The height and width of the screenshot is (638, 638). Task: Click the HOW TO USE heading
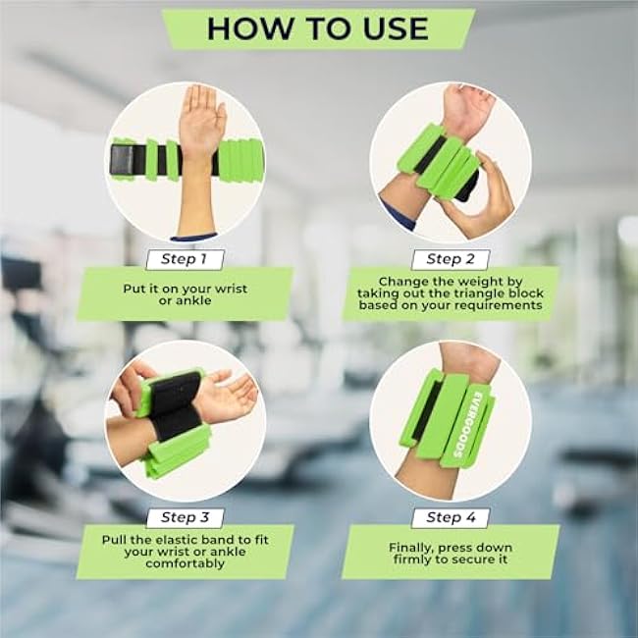[x=317, y=28]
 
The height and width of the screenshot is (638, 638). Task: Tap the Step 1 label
[x=185, y=260]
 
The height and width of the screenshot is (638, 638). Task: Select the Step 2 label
[x=451, y=260]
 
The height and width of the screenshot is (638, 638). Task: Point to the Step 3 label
[x=185, y=517]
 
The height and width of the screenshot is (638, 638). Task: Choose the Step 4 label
[x=451, y=517]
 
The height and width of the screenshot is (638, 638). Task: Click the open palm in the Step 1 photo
[x=202, y=118]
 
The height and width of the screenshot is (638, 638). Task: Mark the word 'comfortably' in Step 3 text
[x=185, y=564]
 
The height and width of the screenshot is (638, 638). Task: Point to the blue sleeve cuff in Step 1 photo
[x=193, y=237]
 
